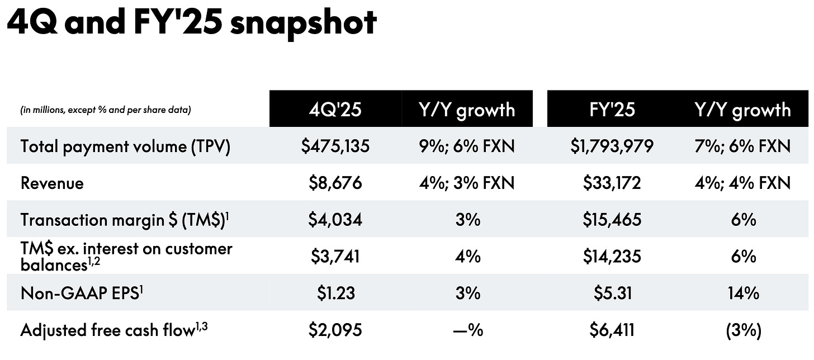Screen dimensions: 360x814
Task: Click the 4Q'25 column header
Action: tap(335, 109)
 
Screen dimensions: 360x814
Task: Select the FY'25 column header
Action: tap(612, 109)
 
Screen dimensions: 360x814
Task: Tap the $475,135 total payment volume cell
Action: tap(335, 146)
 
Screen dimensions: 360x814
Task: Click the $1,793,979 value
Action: tap(612, 146)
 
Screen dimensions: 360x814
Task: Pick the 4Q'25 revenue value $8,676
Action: tap(335, 183)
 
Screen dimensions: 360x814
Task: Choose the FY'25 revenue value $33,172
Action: tap(612, 183)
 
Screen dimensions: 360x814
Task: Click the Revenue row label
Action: tap(52, 183)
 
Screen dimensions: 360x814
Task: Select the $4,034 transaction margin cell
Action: tap(335, 219)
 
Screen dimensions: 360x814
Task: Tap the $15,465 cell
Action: tap(612, 219)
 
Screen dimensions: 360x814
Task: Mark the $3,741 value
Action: tap(335, 256)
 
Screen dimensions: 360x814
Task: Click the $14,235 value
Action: tap(612, 256)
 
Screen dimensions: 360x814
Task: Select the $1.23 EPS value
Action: tap(335, 293)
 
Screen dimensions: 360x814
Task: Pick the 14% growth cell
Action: tap(743, 293)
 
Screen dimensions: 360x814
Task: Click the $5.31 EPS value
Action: tap(612, 293)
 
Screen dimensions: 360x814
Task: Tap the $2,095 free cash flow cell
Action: tap(335, 330)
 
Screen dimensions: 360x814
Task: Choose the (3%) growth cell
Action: tap(743, 330)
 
